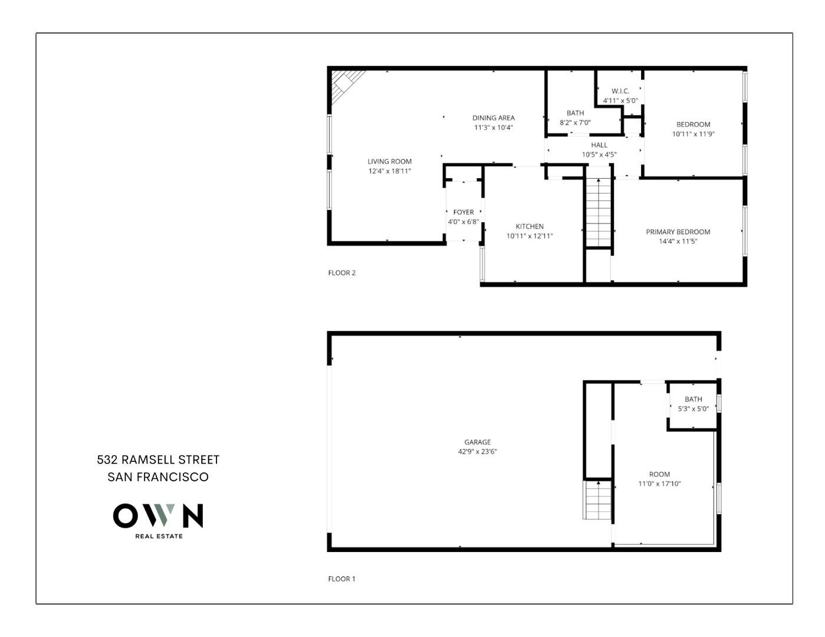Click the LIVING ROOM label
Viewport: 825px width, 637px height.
click(389, 162)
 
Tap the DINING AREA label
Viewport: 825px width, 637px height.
click(493, 118)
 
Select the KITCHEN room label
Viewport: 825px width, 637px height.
click(530, 226)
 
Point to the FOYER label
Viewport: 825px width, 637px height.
click(464, 212)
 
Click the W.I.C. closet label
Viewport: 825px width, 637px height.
click(620, 91)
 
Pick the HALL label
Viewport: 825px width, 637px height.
click(599, 145)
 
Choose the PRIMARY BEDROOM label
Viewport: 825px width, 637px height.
click(678, 232)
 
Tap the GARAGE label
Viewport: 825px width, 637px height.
click(477, 442)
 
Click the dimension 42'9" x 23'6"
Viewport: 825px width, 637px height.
click(477, 452)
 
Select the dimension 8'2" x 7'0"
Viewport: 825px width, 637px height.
click(575, 123)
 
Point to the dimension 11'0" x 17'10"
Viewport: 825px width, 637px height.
click(659, 484)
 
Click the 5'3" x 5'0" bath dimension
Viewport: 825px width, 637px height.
click(693, 409)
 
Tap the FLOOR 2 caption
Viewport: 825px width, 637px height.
click(342, 273)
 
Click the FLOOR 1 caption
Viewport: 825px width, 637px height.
click(342, 579)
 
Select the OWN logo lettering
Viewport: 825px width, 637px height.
click(158, 515)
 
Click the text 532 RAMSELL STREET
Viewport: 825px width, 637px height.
click(158, 459)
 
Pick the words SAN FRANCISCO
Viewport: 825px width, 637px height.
click(158, 477)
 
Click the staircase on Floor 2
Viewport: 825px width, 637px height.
click(599, 212)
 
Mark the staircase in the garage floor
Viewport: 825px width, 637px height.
click(599, 500)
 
